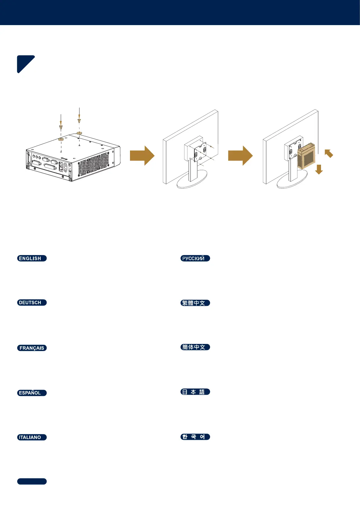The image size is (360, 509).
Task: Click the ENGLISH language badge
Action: tap(32, 258)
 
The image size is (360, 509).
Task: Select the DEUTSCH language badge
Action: tap(32, 303)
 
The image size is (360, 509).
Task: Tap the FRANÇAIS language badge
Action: tap(32, 348)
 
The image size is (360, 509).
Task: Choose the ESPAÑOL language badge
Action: tap(32, 393)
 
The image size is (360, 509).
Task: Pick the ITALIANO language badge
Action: tap(32, 437)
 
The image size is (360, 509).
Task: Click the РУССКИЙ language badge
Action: tap(195, 258)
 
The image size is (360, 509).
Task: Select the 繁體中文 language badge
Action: tap(195, 303)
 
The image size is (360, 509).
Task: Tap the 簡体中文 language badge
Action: tap(195, 347)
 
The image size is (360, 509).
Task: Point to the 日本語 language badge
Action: tap(195, 392)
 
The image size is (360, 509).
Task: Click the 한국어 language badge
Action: tap(195, 437)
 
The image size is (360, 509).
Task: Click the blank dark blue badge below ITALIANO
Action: tap(32, 481)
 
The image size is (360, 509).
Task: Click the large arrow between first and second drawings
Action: tap(142, 156)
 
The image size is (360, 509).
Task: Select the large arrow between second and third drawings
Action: tap(240, 156)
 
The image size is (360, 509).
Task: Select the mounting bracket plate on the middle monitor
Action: tap(200, 153)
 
